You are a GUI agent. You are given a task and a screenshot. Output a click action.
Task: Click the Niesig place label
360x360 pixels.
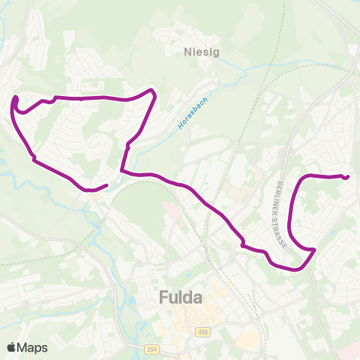point(198,52)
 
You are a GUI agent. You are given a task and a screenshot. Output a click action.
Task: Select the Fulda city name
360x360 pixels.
point(181,298)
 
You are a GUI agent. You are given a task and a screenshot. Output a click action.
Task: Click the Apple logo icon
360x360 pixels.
point(12,347)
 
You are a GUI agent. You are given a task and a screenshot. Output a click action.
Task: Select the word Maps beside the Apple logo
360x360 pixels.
point(32,347)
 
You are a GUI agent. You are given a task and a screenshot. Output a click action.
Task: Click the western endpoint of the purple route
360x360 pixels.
point(107,185)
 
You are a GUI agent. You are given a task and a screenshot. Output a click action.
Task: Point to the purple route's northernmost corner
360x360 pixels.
point(153,91)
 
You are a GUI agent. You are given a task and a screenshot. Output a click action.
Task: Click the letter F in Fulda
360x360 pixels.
point(164,298)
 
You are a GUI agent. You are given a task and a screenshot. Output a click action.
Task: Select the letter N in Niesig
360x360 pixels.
point(187,52)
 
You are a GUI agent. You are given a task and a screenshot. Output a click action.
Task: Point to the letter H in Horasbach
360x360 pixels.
point(181,127)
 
